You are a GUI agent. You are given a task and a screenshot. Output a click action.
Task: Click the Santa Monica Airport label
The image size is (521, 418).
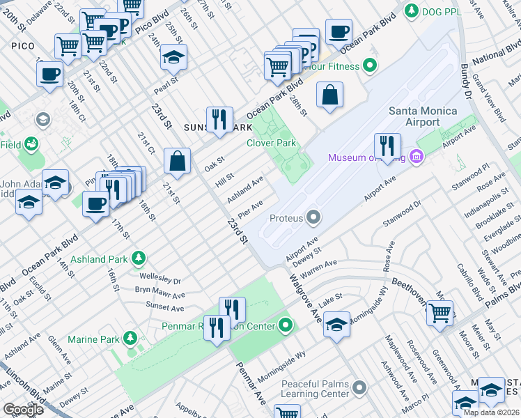click(423, 116)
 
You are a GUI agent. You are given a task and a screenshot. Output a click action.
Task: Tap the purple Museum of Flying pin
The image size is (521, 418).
click(417, 157)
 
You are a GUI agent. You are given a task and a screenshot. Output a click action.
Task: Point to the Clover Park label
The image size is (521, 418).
click(271, 144)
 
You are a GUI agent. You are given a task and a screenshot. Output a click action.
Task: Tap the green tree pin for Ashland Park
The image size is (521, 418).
click(139, 258)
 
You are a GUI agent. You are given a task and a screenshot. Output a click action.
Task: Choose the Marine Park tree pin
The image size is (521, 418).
click(130, 339)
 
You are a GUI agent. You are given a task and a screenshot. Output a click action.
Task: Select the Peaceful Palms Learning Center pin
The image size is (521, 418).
click(359, 387)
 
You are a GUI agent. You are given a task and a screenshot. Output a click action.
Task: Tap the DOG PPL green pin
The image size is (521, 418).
click(412, 10)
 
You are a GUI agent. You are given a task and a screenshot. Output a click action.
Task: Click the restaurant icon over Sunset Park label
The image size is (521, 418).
click(220, 119)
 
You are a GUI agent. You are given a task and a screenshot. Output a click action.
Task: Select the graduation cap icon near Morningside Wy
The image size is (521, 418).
click(336, 325)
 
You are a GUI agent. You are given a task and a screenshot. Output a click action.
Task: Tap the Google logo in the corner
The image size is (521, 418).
click(23, 410)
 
